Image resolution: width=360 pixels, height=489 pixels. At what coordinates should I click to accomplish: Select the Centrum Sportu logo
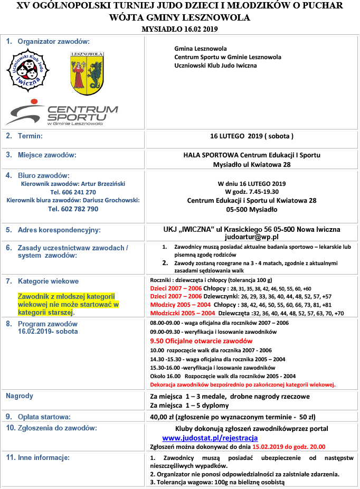coord(62,115)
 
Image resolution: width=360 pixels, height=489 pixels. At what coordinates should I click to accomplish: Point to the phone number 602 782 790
coord(73,209)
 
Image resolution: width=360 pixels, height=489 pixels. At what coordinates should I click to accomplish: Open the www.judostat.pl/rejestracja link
coord(210,438)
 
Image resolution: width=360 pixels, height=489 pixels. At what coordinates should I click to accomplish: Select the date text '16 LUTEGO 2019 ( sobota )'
coord(251,136)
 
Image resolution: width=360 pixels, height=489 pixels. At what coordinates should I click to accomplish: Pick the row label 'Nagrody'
coord(20,396)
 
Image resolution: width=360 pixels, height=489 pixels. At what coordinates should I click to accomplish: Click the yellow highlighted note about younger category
coord(68,304)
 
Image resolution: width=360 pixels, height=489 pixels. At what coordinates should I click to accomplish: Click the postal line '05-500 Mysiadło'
coord(251,209)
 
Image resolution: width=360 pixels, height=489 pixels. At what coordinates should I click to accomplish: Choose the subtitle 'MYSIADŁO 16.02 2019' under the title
coord(180,29)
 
